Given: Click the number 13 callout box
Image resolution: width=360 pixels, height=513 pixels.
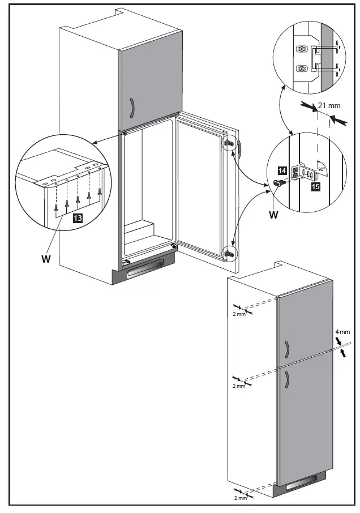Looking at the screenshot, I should (78, 217).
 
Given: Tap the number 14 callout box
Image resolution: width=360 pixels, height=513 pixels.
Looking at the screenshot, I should (282, 169).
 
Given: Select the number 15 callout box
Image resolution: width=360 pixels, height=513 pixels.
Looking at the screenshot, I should (315, 186).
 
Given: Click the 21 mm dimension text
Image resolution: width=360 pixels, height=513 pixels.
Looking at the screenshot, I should (329, 105).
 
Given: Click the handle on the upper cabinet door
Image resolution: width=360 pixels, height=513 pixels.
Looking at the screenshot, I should (132, 106).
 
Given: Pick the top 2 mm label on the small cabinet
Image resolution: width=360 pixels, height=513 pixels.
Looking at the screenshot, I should (239, 313).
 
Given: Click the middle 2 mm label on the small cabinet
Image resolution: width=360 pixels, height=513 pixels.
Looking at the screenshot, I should (239, 386).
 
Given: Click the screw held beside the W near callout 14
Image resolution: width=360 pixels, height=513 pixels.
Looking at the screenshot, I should (278, 183).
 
